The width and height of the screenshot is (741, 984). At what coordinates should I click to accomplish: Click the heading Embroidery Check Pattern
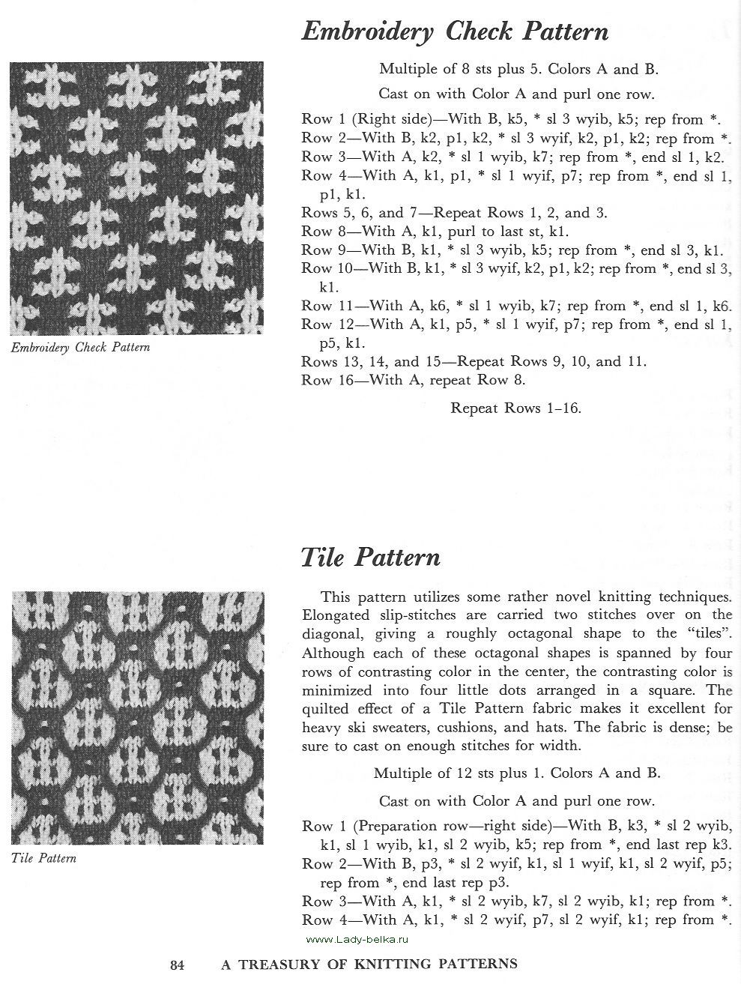454,32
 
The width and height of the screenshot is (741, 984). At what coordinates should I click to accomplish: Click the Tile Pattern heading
370,558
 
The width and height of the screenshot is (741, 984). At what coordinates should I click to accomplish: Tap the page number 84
177,965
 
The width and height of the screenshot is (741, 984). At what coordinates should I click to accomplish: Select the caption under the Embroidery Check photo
80,348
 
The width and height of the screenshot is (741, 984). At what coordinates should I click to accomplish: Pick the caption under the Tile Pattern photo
44,858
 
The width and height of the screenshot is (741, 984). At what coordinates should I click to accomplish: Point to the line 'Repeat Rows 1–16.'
515,408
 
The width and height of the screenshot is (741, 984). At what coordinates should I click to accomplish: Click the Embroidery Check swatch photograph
137,199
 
